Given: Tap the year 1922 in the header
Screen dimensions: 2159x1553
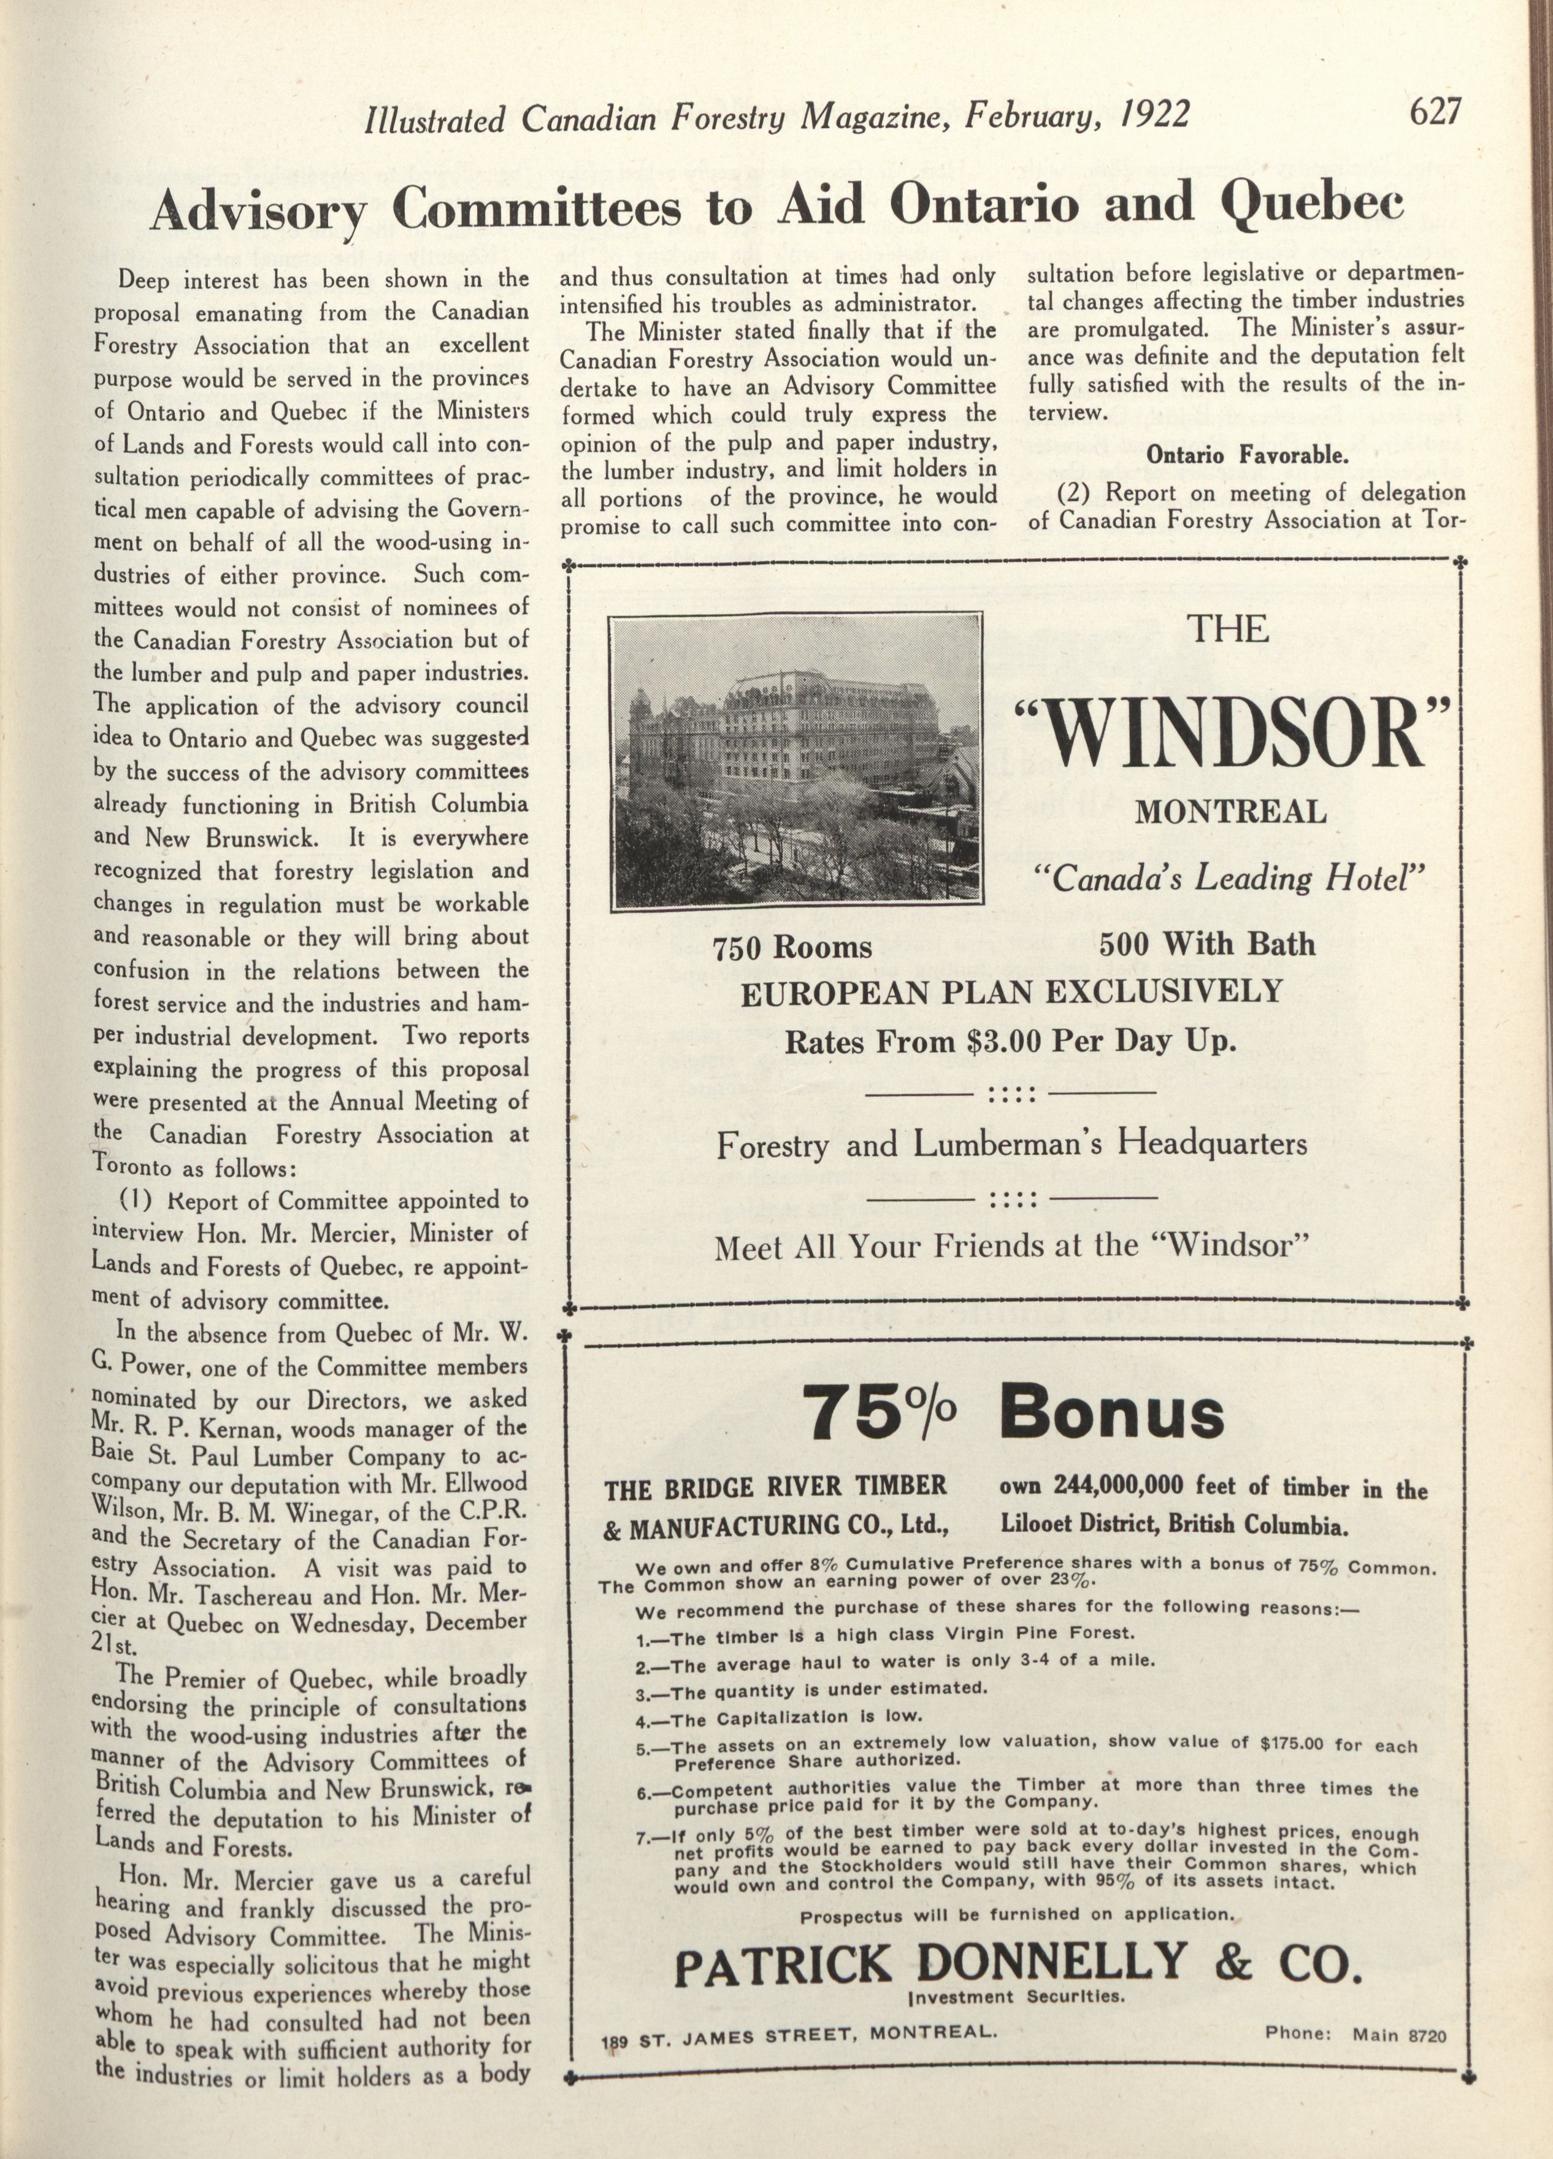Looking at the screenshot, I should [x=1154, y=115].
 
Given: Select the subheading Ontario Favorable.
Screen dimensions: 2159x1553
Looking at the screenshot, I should [x=1246, y=455].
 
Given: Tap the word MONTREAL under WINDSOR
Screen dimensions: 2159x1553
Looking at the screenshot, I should [x=1229, y=812].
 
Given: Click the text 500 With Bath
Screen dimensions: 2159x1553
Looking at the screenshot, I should [x=1206, y=944].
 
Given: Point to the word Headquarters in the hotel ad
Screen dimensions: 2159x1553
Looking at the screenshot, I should [x=1211, y=1142].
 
